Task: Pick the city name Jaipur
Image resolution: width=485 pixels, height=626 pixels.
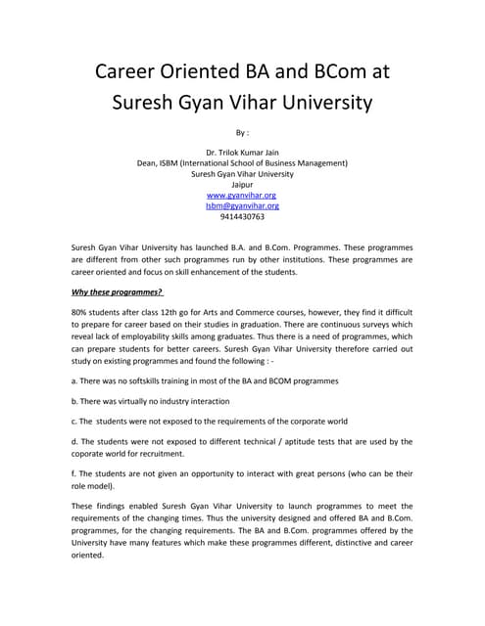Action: tap(242, 184)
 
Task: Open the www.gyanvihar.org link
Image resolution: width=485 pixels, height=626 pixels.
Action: tap(242, 195)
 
